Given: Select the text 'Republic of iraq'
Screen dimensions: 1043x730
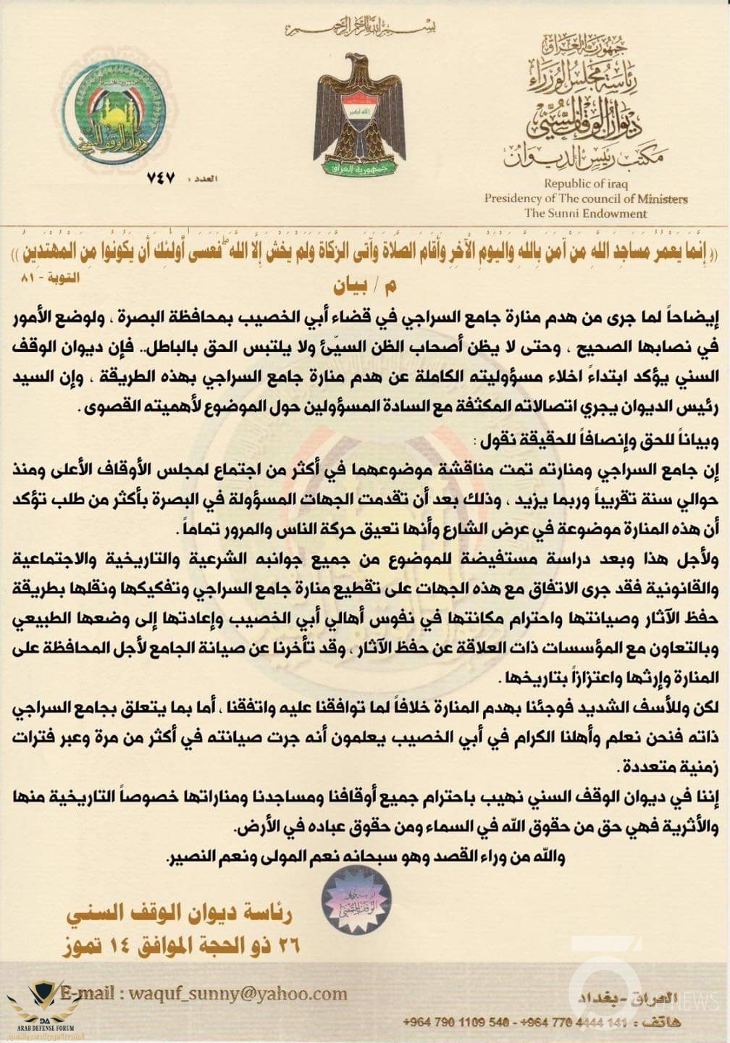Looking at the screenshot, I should point(586,184).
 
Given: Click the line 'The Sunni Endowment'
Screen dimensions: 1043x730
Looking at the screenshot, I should point(586,213).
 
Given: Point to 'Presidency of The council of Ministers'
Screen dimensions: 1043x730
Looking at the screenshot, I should point(586,198).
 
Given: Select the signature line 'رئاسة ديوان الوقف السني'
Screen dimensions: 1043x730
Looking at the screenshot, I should point(179,915).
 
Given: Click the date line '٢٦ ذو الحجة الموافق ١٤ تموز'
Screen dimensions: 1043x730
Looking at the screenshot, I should point(180,944).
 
